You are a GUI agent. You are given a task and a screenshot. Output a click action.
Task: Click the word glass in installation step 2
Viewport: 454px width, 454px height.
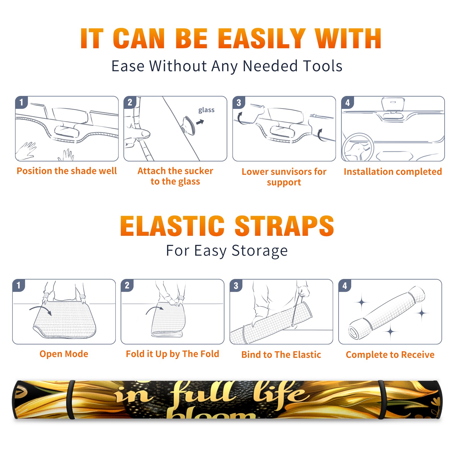click(x=206, y=110)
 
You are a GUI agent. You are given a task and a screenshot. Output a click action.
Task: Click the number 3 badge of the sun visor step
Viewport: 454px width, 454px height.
click(x=239, y=103)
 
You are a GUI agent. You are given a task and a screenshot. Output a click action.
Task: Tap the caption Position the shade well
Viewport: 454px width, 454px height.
click(x=67, y=171)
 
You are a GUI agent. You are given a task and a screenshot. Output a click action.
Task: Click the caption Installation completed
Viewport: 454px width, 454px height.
click(x=393, y=171)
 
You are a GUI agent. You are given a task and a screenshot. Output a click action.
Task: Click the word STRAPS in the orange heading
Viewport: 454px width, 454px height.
click(x=284, y=226)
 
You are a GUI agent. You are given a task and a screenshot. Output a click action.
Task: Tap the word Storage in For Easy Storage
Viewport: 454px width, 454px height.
click(x=260, y=251)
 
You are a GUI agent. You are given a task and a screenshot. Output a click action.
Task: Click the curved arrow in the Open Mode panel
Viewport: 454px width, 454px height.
click(x=41, y=310)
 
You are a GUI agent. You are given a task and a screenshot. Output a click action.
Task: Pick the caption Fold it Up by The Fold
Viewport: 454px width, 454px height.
click(x=173, y=354)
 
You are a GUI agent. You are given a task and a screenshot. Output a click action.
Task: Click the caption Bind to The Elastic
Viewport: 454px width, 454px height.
click(x=281, y=354)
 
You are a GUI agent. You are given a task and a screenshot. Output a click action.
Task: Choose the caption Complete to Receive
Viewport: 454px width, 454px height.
click(x=390, y=355)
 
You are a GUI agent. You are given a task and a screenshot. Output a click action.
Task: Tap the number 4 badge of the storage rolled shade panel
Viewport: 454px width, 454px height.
click(x=345, y=285)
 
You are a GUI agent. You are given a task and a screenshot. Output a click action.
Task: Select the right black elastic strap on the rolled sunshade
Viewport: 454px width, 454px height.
click(x=382, y=400)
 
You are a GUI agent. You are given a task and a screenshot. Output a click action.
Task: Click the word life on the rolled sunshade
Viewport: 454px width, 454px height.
click(x=279, y=393)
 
